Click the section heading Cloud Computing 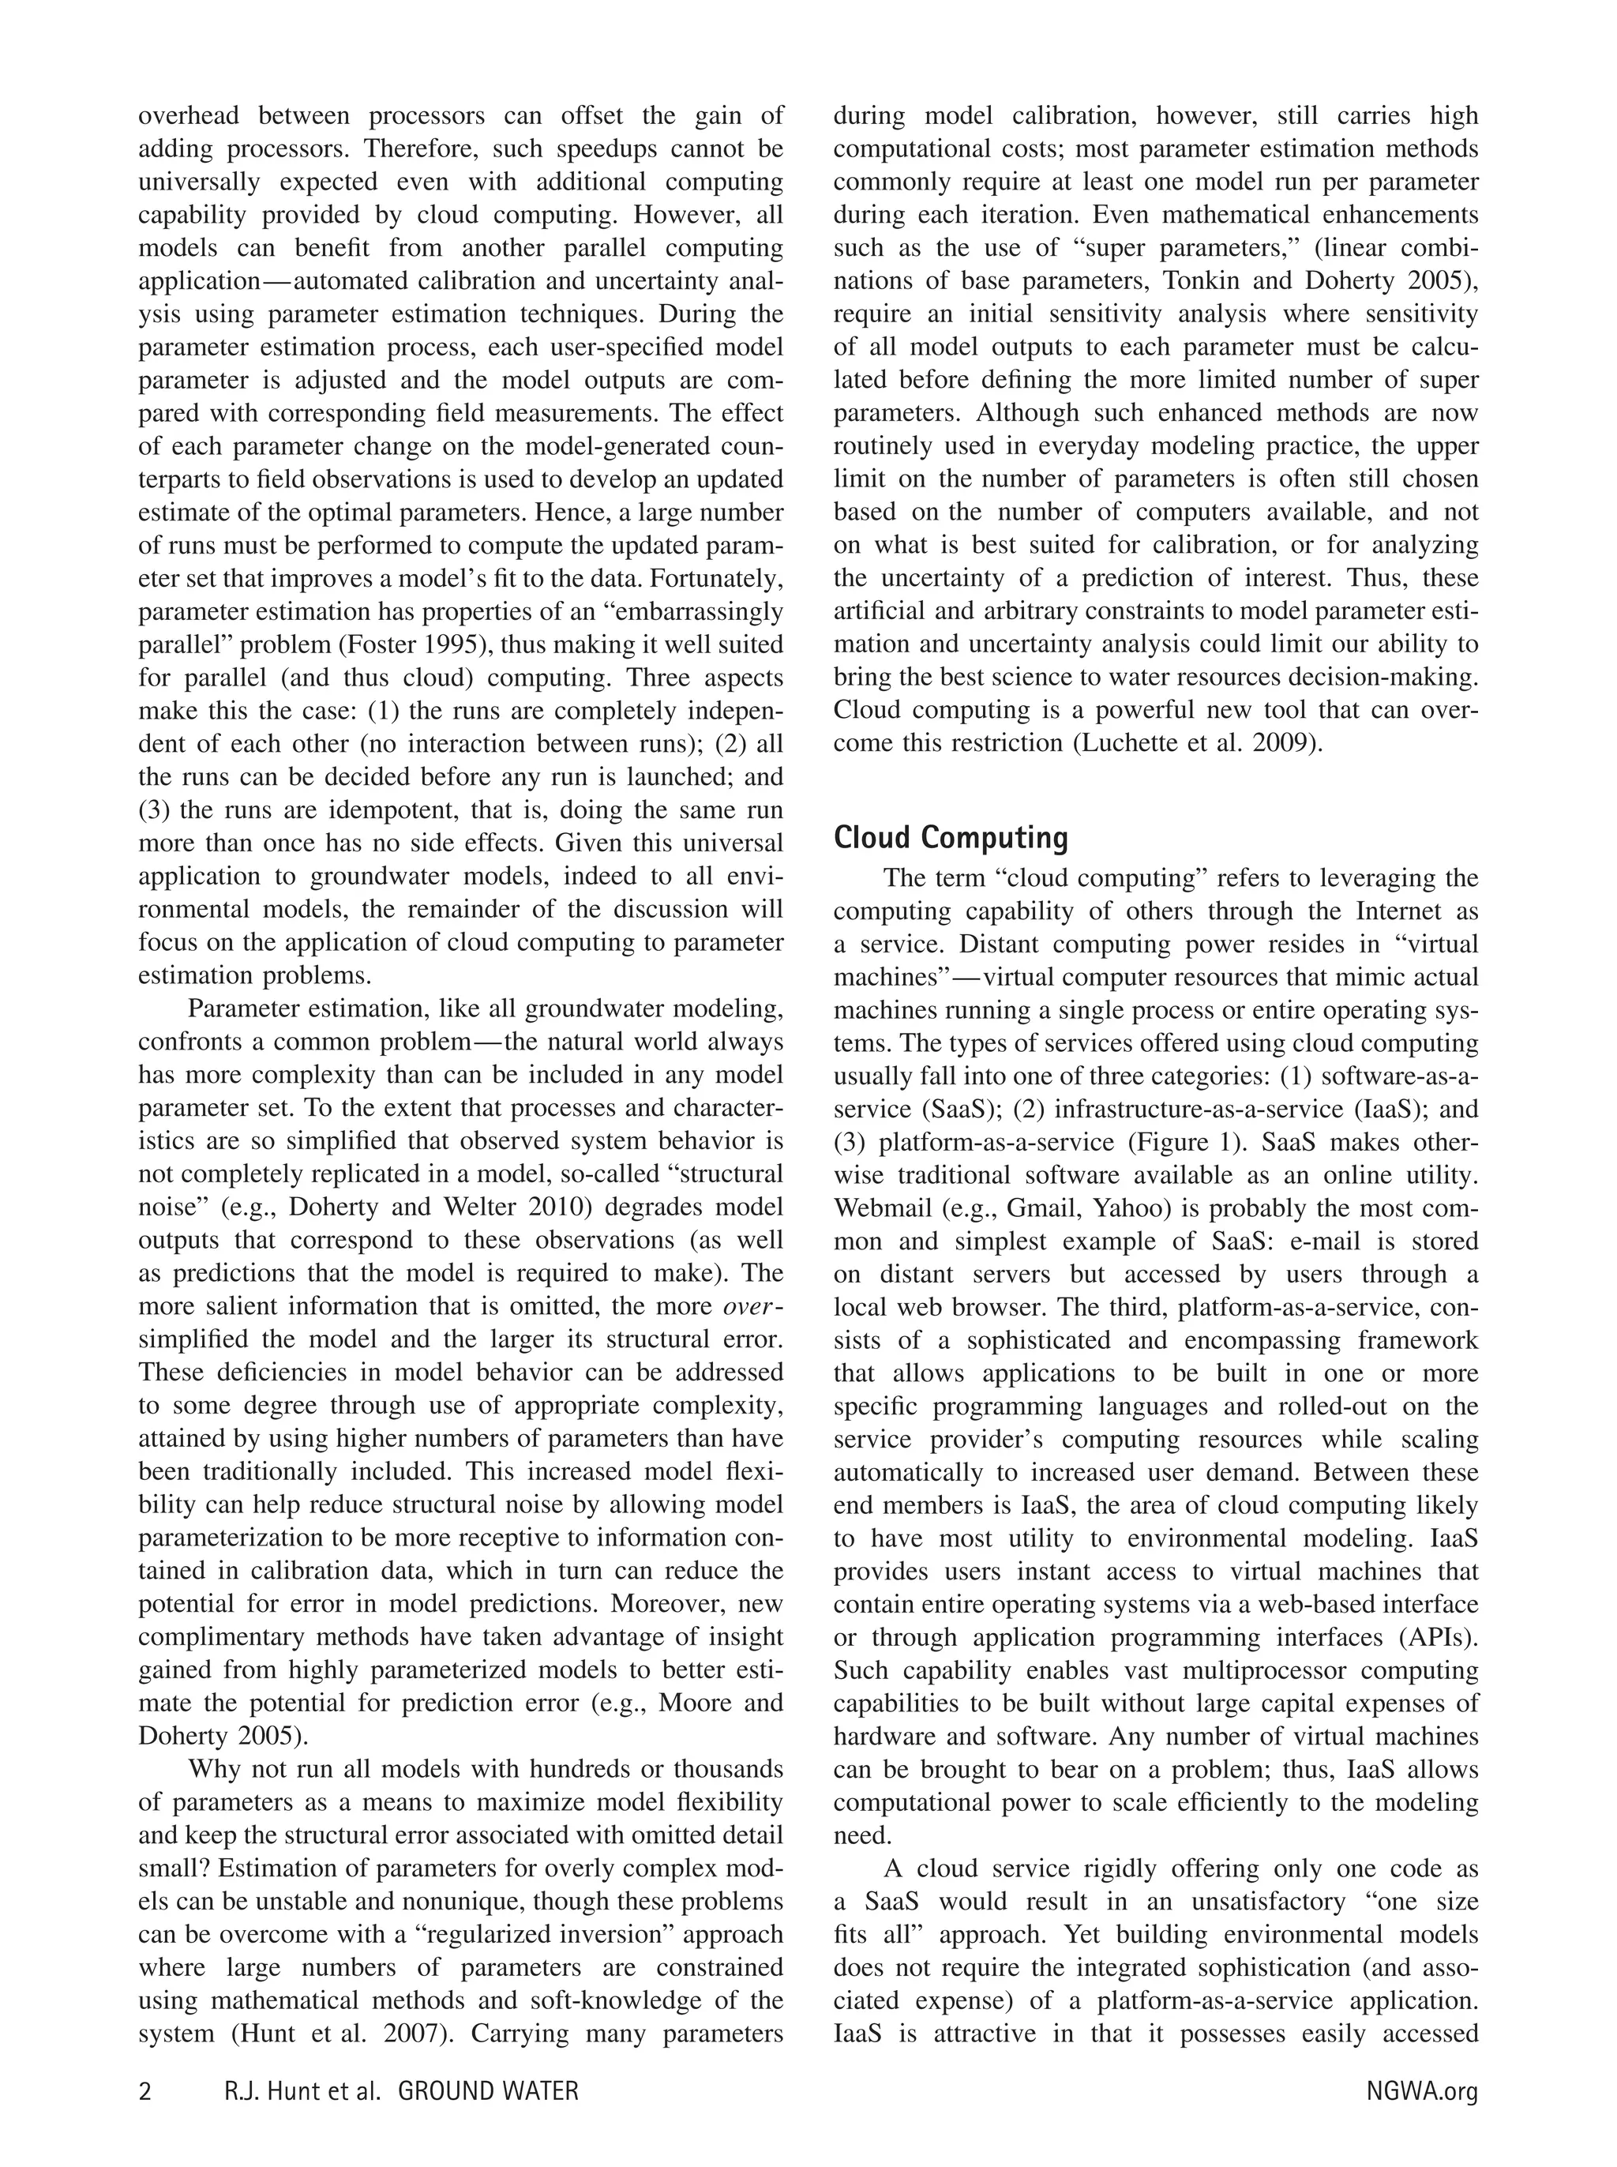(950, 838)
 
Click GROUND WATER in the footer (489, 2092)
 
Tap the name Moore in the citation (694, 1703)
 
